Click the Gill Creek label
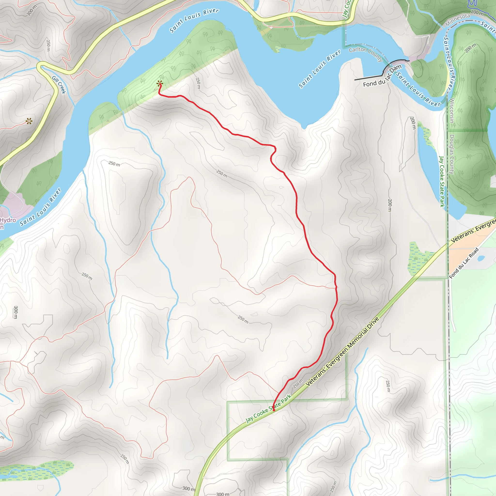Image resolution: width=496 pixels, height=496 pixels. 59,85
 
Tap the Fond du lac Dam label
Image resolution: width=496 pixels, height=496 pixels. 382,77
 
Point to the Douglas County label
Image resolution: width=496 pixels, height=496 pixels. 452,154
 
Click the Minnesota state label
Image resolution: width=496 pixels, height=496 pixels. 457,20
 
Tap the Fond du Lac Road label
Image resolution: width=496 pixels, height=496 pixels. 464,263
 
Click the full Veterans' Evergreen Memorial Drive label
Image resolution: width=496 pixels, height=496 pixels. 342,351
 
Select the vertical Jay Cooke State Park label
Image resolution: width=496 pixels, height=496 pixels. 442,181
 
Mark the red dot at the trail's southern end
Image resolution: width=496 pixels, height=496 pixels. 274,410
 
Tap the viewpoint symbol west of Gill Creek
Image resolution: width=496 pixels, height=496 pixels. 29,121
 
